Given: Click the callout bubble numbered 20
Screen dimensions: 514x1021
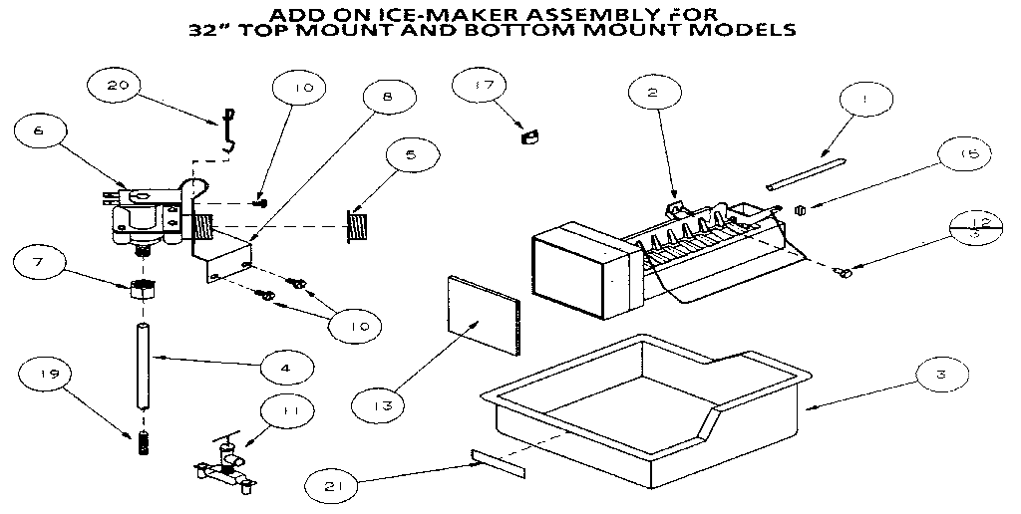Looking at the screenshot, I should point(118,86).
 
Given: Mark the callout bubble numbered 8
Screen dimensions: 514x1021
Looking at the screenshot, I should point(386,97).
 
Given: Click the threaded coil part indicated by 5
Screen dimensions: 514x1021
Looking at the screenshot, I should point(358,225).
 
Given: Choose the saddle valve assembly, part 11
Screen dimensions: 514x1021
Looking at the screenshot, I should point(224,465).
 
